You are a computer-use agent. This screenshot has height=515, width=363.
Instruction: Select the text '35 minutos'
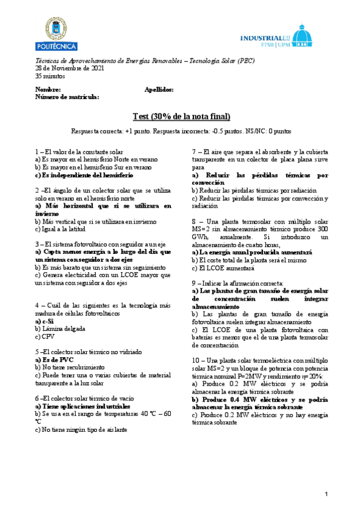(50, 76)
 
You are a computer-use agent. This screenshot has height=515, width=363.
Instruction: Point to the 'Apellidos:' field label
(159, 89)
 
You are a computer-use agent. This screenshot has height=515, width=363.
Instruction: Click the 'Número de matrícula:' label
(67, 97)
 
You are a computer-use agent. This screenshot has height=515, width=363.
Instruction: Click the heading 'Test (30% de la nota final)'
(181, 117)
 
